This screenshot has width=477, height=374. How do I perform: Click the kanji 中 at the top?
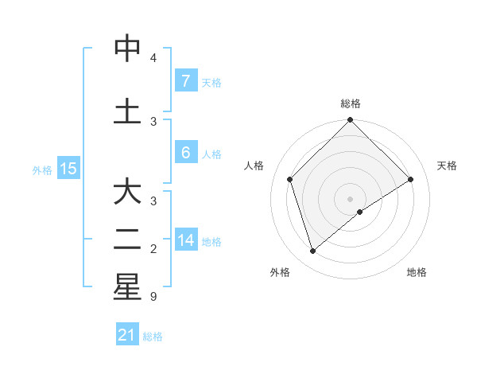[126, 49]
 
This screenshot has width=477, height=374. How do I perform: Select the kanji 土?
[126, 111]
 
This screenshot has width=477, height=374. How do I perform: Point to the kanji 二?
[126, 240]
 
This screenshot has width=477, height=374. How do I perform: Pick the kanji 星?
[126, 288]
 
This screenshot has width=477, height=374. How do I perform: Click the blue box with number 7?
[185, 80]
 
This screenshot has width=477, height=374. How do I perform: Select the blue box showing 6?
[185, 153]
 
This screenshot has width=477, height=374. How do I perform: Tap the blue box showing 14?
[186, 240]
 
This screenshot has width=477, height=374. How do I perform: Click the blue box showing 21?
[127, 335]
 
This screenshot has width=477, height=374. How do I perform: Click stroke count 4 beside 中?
[153, 58]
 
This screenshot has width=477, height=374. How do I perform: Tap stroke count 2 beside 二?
[153, 249]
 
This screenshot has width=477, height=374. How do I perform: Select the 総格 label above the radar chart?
[351, 103]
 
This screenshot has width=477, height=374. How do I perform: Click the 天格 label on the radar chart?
[447, 166]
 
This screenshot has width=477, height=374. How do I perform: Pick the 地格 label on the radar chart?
[417, 272]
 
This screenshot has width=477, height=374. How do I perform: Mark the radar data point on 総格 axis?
[350, 121]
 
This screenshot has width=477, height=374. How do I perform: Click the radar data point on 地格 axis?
[360, 212]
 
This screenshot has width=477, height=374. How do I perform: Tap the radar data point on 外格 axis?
[313, 251]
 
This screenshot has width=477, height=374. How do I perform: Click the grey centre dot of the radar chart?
[350, 198]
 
